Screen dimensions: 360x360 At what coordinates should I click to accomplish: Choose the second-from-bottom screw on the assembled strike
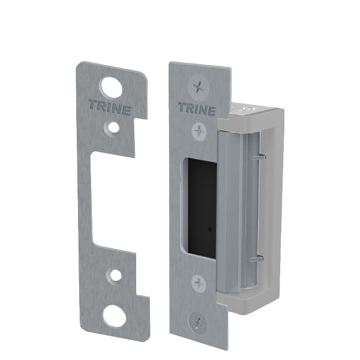coord(199,281)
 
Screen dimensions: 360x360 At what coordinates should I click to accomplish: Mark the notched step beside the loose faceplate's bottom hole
coord(143,298)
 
